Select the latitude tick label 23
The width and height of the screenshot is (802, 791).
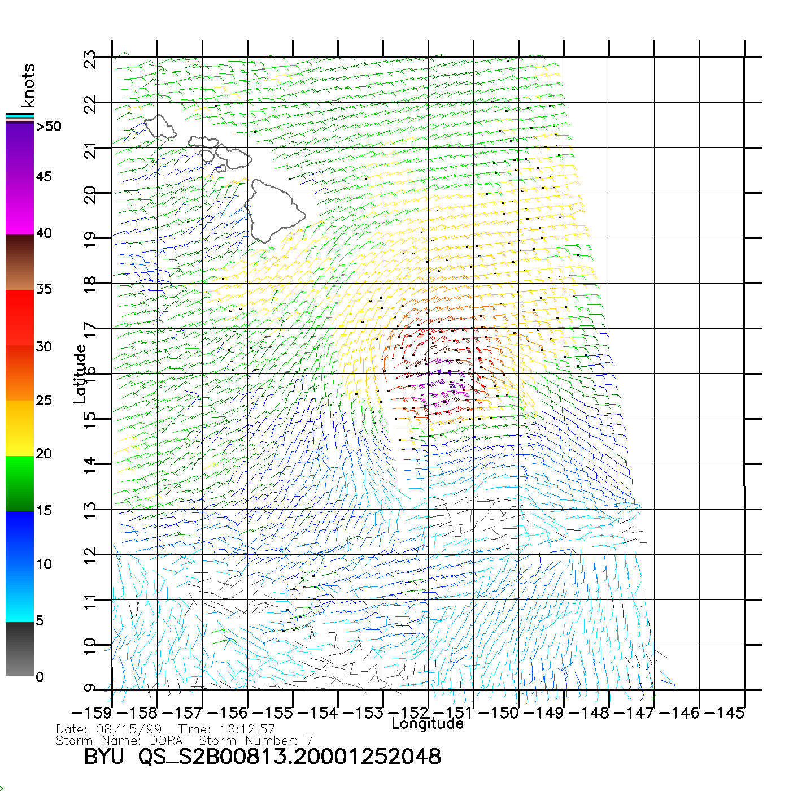90,59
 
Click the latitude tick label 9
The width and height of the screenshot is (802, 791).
90,688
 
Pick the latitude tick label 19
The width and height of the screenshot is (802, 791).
90,240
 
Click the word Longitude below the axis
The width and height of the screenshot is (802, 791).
427,724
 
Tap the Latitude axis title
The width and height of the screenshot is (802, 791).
80,373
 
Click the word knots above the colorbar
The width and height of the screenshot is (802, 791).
28,85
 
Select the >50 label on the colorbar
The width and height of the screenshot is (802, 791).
49,127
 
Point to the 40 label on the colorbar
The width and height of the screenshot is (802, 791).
43,233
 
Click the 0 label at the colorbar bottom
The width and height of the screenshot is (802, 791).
40,677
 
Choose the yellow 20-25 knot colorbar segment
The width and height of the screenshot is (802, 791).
20,428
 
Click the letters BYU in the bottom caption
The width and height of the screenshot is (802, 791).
103,757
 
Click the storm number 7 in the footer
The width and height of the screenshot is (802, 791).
309,740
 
